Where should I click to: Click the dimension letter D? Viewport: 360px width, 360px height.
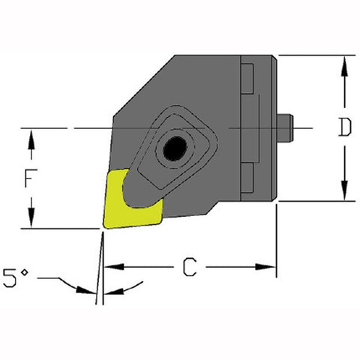344,128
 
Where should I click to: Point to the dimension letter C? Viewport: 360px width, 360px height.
190,266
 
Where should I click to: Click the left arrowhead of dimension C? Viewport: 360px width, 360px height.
111,266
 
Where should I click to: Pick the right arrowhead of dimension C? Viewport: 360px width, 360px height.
269,266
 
